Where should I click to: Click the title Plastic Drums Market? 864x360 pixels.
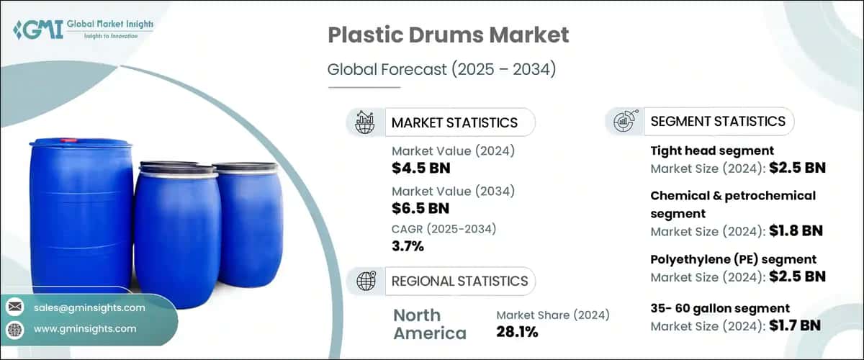(449, 35)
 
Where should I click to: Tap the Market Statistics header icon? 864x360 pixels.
(365, 122)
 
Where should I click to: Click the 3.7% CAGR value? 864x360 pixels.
(408, 247)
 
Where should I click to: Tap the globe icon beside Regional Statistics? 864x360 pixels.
(365, 280)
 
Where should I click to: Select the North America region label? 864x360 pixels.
(430, 324)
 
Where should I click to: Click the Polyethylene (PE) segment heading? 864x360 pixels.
(733, 258)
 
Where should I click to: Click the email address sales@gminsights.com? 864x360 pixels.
(89, 307)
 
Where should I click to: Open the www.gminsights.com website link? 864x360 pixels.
(85, 328)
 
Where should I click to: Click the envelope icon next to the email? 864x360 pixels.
(14, 307)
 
